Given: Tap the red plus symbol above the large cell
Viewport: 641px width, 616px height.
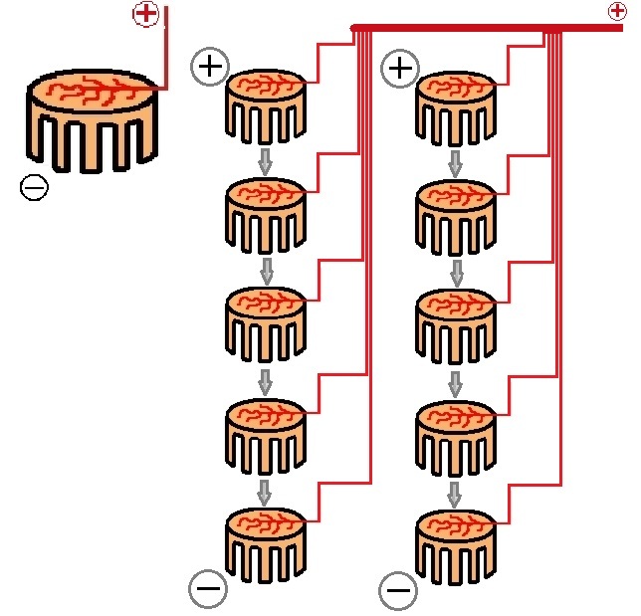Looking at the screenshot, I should point(145,14).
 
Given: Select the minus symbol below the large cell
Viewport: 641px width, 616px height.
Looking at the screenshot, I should point(34,187).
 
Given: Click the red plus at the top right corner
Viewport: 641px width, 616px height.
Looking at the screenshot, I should point(616,11).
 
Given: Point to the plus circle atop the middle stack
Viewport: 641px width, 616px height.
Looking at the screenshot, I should point(210,67).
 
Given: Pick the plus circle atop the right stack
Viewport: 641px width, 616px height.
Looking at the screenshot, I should point(400,69).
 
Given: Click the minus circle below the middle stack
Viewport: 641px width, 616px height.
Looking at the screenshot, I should point(207,589).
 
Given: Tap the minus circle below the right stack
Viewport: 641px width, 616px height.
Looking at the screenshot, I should point(397,591).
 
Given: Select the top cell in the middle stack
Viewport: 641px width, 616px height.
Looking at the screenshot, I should point(264,106).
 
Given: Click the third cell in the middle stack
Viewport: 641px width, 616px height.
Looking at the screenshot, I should point(264,323).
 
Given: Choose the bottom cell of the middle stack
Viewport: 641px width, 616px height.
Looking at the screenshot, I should point(264,543).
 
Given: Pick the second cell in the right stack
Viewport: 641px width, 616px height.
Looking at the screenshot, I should point(455,215).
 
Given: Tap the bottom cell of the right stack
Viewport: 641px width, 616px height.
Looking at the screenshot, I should point(455,543).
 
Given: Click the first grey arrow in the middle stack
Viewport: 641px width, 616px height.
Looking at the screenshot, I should point(265,160).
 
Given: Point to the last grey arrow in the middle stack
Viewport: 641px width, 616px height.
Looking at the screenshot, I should point(265,490).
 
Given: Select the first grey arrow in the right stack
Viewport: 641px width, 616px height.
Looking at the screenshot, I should point(455,162).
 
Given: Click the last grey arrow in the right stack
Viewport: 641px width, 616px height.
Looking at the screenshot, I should point(455,492).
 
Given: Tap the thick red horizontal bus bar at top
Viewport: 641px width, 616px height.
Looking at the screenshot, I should point(478,27).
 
